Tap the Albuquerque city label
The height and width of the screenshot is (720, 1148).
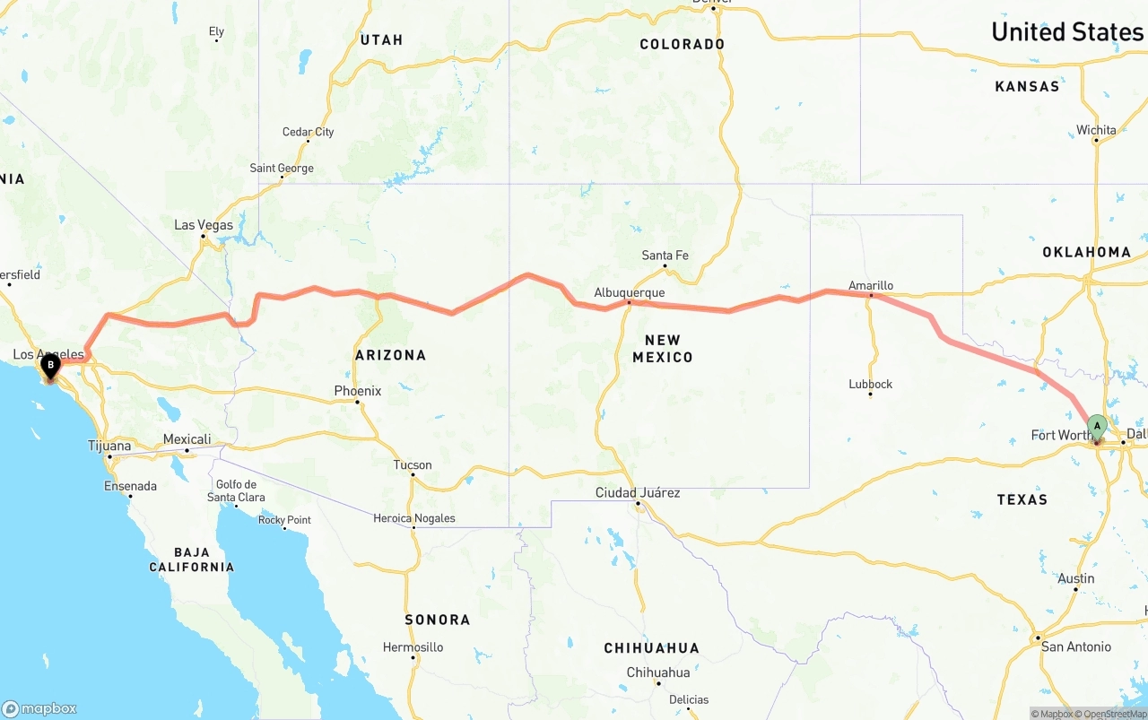point(630,292)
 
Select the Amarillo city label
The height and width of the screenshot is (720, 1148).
point(871,285)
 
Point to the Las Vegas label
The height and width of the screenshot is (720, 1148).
point(204,225)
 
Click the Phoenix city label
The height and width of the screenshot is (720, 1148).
point(358,391)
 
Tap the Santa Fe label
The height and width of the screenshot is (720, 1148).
point(665,256)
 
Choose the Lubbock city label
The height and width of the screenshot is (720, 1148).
point(871,384)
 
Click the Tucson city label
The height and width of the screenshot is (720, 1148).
point(413,464)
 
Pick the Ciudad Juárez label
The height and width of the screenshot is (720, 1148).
point(638,492)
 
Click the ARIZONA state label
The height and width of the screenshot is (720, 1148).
point(390,355)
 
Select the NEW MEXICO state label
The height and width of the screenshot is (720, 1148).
point(663,349)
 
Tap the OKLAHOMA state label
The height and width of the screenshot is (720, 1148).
point(1086,252)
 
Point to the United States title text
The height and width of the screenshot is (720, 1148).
point(1067,32)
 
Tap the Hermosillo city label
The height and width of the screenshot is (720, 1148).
point(413,646)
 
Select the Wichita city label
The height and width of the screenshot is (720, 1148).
point(1096,130)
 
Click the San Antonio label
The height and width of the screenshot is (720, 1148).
point(1076,646)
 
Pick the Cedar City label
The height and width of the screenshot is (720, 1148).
point(309,132)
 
